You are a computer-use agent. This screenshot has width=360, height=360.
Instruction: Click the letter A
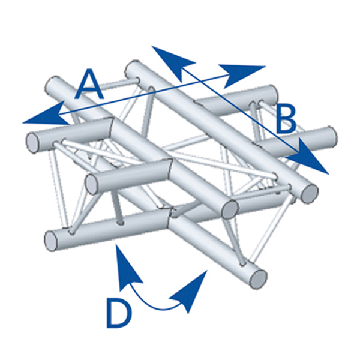tap(89, 84)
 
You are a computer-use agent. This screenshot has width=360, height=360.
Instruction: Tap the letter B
tap(286, 119)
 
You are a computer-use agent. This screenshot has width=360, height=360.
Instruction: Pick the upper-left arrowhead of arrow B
tap(174, 63)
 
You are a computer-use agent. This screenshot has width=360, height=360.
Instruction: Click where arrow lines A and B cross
tap(200, 81)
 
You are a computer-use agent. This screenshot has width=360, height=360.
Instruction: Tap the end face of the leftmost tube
tap(32, 143)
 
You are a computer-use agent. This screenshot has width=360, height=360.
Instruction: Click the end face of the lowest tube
tap(258, 279)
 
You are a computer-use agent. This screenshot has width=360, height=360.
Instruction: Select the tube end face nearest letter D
tap(51, 241)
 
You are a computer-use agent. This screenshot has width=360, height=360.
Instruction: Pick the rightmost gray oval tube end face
tap(310, 193)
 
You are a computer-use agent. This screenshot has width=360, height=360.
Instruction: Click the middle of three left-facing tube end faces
tap(92, 184)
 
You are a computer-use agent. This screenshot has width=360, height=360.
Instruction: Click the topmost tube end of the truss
tap(133, 69)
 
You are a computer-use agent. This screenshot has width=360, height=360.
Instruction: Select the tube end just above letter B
tap(273, 95)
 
